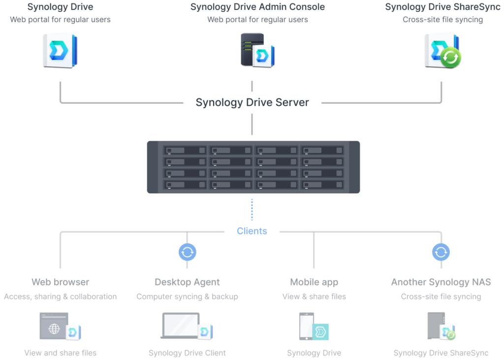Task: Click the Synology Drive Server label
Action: (252, 102)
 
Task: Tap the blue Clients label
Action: (252, 231)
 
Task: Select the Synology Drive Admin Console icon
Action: (257, 50)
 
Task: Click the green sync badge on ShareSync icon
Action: (450, 58)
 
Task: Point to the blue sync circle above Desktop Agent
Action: (188, 252)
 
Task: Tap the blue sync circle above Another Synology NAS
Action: (441, 252)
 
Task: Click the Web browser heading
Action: (61, 282)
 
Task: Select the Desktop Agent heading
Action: (187, 282)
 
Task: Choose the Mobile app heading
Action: (314, 282)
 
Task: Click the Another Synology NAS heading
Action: (441, 282)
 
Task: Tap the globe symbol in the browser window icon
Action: (54, 329)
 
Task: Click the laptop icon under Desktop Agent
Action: (180, 325)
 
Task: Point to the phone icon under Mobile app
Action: (306, 326)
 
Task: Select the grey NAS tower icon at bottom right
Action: (436, 326)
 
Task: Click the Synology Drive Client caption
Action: (187, 353)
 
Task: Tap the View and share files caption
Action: (61, 353)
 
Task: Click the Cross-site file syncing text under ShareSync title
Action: (442, 20)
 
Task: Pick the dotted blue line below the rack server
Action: (252, 210)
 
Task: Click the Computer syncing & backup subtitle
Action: (187, 297)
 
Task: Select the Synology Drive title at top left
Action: (60, 7)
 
